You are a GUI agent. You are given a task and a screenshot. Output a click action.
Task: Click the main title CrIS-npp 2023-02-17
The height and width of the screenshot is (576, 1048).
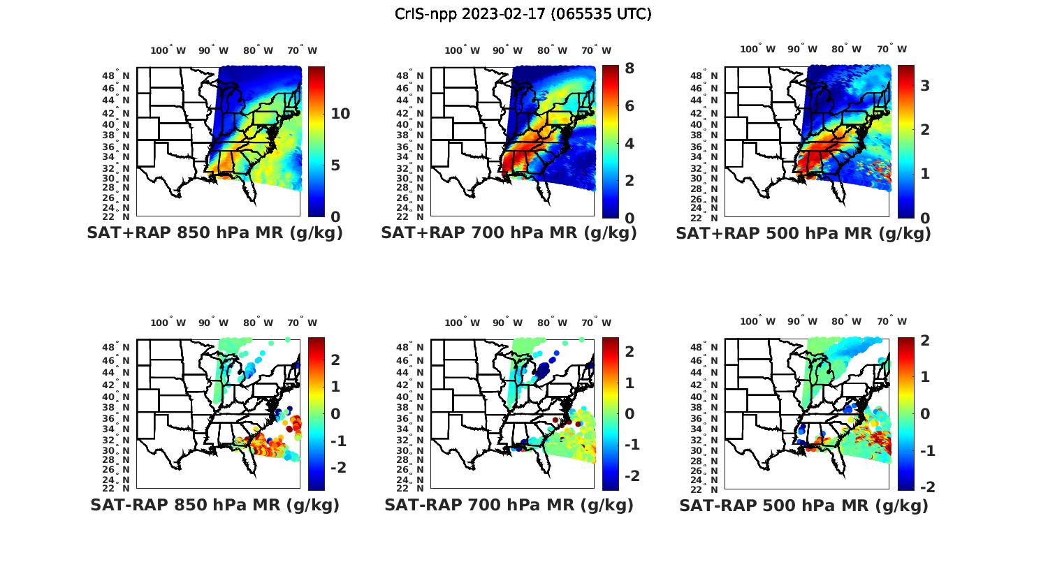[x=523, y=14]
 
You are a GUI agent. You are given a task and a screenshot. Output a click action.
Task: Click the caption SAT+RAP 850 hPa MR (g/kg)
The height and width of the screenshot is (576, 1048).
[x=214, y=233]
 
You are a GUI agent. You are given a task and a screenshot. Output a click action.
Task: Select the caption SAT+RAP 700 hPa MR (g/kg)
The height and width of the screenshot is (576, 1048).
[x=509, y=233]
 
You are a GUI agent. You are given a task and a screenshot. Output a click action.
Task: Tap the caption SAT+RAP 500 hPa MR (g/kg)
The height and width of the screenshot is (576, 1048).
[x=803, y=233]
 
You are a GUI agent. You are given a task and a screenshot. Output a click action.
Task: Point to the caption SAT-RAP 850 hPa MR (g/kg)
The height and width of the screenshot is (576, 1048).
[x=214, y=505]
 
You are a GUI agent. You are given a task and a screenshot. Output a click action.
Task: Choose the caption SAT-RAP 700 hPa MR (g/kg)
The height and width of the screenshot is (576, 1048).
[x=509, y=505]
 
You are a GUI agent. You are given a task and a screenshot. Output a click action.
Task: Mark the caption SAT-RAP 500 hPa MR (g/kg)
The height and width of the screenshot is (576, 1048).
[x=803, y=505]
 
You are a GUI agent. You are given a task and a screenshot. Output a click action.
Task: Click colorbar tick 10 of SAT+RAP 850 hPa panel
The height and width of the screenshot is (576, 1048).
[x=340, y=114]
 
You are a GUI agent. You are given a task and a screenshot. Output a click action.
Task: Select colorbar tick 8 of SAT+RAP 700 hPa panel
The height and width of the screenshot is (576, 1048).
[x=629, y=68]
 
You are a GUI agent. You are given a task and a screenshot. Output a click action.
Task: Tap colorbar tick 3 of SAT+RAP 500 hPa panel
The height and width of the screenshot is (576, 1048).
[x=924, y=85]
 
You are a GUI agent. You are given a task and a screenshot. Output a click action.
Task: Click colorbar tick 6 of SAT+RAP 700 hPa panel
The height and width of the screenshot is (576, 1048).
[x=629, y=106]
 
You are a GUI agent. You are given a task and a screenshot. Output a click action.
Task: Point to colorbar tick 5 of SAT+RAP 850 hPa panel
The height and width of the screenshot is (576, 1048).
[x=336, y=165]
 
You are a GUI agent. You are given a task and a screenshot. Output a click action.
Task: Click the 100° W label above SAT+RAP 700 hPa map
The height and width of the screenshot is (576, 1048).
[x=462, y=50]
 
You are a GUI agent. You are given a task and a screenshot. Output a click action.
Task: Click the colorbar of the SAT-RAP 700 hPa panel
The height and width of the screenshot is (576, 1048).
[x=610, y=414]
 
